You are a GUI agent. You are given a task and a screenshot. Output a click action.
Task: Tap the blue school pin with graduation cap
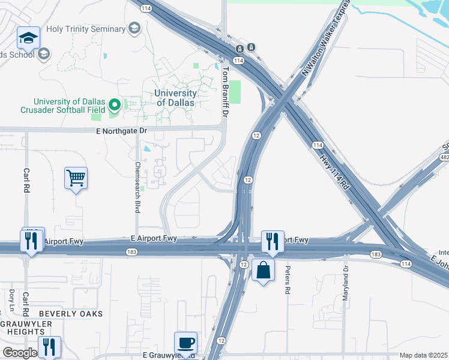pyautogui.click(x=28, y=38)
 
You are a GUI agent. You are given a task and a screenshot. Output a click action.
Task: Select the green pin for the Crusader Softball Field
pyautogui.click(x=115, y=106)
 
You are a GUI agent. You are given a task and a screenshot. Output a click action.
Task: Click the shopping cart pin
pyautogui.click(x=76, y=178)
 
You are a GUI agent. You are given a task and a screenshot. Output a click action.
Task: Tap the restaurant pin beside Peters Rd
pyautogui.click(x=273, y=242)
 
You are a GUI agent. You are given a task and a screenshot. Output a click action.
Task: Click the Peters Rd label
pyautogui.click(x=288, y=280)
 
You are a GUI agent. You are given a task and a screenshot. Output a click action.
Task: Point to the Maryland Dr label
pyautogui.click(x=346, y=280)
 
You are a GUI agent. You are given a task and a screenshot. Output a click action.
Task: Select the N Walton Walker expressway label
pyautogui.click(x=325, y=38)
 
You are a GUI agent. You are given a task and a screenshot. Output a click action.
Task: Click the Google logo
pyautogui.click(x=20, y=353)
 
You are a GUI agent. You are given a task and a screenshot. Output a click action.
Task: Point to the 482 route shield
pyautogui.click(x=445, y=157)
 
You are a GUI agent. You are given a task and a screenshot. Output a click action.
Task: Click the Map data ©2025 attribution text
pyautogui.click(x=423, y=355)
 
